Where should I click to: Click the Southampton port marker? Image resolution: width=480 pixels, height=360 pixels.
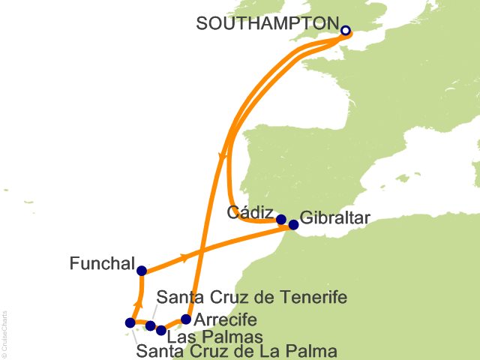click(x=346, y=31)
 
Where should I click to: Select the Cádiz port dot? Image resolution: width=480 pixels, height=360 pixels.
click(x=281, y=220)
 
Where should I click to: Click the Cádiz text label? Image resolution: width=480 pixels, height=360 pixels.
click(x=250, y=213)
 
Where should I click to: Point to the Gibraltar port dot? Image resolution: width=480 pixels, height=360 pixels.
click(x=294, y=224)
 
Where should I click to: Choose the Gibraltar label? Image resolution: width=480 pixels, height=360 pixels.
click(x=335, y=218)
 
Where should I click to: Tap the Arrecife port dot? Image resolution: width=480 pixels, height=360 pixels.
click(x=186, y=319)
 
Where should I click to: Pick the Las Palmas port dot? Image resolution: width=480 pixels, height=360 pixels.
click(x=161, y=330)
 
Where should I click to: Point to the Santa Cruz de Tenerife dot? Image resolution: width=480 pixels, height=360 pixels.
click(x=151, y=326)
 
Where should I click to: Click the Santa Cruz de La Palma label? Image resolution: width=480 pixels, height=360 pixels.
click(x=237, y=350)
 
